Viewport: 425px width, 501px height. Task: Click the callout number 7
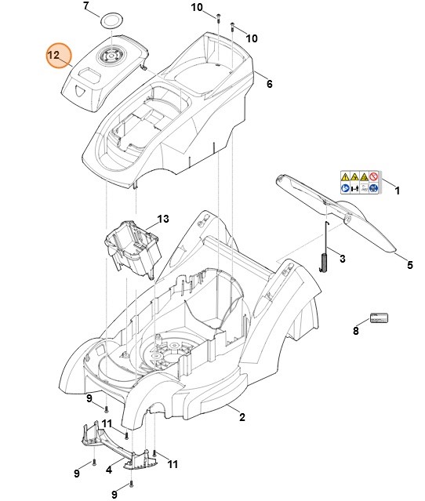pyautogui.click(x=86, y=6)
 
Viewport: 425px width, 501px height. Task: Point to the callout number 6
pyautogui.click(x=269, y=84)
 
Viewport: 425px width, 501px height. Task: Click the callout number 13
pyautogui.click(x=163, y=219)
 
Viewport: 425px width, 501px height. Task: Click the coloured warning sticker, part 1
pyautogui.click(x=361, y=182)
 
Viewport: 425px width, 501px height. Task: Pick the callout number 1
pyautogui.click(x=397, y=191)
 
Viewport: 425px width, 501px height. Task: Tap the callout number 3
pyautogui.click(x=341, y=258)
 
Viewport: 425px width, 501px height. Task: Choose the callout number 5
pyautogui.click(x=409, y=265)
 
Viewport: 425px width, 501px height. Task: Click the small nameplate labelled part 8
pyautogui.click(x=380, y=318)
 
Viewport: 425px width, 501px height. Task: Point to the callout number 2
pyautogui.click(x=242, y=416)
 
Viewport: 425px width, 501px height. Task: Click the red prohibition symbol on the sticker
pyautogui.click(x=375, y=176)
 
